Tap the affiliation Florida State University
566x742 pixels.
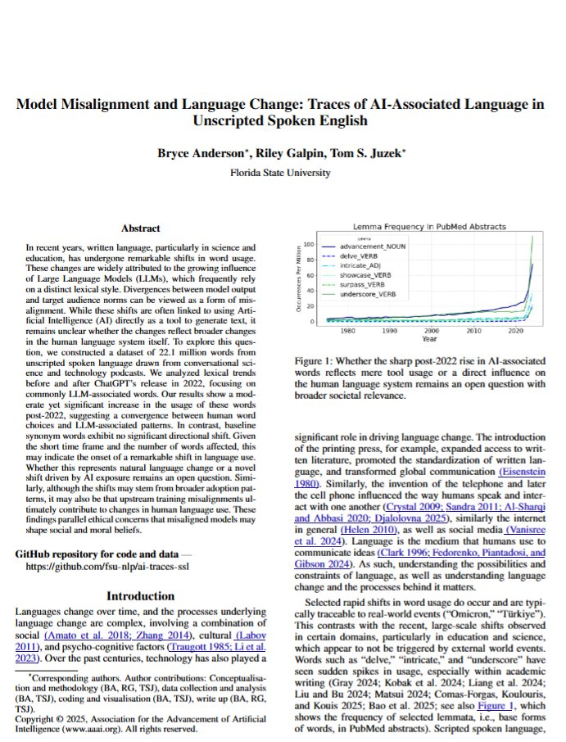point(283,173)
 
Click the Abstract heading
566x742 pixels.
point(140,228)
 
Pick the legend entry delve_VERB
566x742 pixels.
point(373,255)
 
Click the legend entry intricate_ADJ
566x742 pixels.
point(375,264)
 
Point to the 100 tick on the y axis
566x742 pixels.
point(309,245)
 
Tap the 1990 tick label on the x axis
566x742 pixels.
point(388,331)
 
